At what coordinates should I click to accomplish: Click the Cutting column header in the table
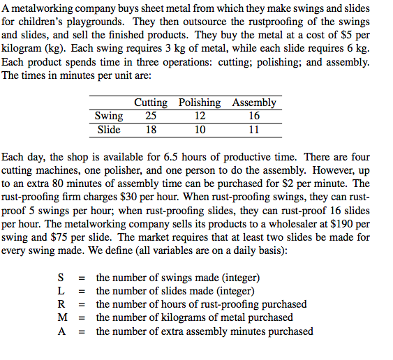[x=150, y=103]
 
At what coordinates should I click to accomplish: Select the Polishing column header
[x=200, y=103]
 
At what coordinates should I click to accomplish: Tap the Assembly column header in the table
[x=254, y=103]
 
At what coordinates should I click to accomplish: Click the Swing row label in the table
[x=108, y=116]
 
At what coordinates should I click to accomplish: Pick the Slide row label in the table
[x=108, y=129]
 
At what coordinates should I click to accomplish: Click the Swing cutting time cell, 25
[x=150, y=116]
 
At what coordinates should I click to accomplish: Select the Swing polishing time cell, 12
[x=200, y=116]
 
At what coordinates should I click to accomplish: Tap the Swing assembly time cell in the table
[x=254, y=116]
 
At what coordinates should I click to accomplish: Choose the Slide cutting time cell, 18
[x=150, y=129]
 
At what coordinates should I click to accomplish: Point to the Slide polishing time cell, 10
[x=200, y=129]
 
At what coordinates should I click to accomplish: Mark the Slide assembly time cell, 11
[x=254, y=129]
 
